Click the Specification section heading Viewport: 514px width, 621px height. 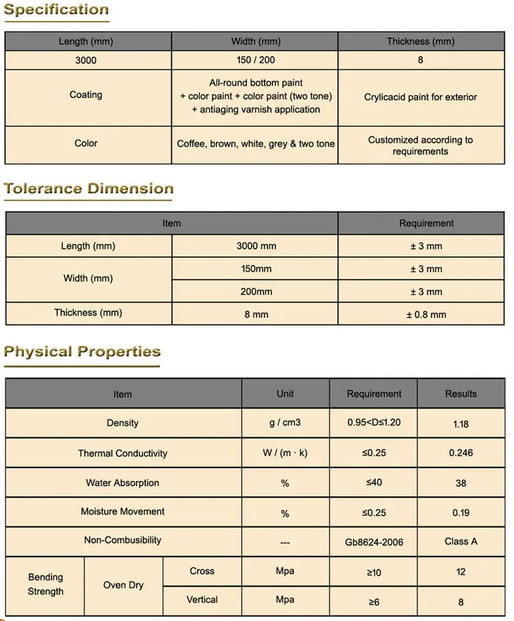(x=56, y=10)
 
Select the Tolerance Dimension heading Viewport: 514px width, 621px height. (x=88, y=188)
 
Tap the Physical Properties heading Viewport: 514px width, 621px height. (x=82, y=352)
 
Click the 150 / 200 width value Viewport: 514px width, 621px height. (x=256, y=60)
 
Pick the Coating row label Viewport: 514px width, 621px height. (x=86, y=95)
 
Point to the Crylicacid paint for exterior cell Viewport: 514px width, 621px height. (x=420, y=97)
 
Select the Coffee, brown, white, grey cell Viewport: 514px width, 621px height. (x=256, y=144)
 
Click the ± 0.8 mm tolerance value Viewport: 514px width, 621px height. (x=426, y=315)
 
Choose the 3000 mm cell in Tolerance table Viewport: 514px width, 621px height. (x=256, y=246)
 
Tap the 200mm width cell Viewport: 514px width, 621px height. (x=256, y=291)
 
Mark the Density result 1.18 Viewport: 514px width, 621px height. (x=461, y=424)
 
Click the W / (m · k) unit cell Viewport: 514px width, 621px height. (x=284, y=453)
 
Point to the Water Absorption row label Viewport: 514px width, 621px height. (x=123, y=483)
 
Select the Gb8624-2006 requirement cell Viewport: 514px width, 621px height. (x=374, y=542)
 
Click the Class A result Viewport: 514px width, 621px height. (x=461, y=541)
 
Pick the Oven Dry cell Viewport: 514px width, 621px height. (x=123, y=585)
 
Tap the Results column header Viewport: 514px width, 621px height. (x=461, y=393)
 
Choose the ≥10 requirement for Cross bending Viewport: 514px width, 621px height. (x=374, y=572)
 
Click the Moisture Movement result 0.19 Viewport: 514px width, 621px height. (x=461, y=512)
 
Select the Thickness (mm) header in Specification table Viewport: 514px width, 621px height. (x=420, y=42)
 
